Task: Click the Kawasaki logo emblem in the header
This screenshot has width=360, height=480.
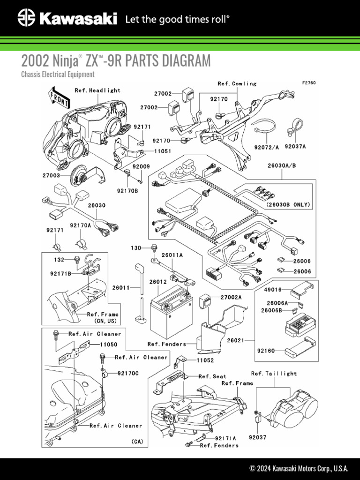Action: click(26, 19)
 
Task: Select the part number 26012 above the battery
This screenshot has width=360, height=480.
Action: click(158, 282)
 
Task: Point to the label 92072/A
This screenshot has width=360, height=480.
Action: click(266, 147)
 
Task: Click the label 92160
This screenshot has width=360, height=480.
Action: click(266, 351)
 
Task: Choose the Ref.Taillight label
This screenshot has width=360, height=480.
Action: click(274, 374)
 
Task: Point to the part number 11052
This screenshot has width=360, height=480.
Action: click(205, 360)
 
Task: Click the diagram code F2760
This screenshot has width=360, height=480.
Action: click(309, 83)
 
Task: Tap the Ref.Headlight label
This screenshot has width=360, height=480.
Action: click(97, 90)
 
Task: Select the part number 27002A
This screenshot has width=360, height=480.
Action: click(231, 297)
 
